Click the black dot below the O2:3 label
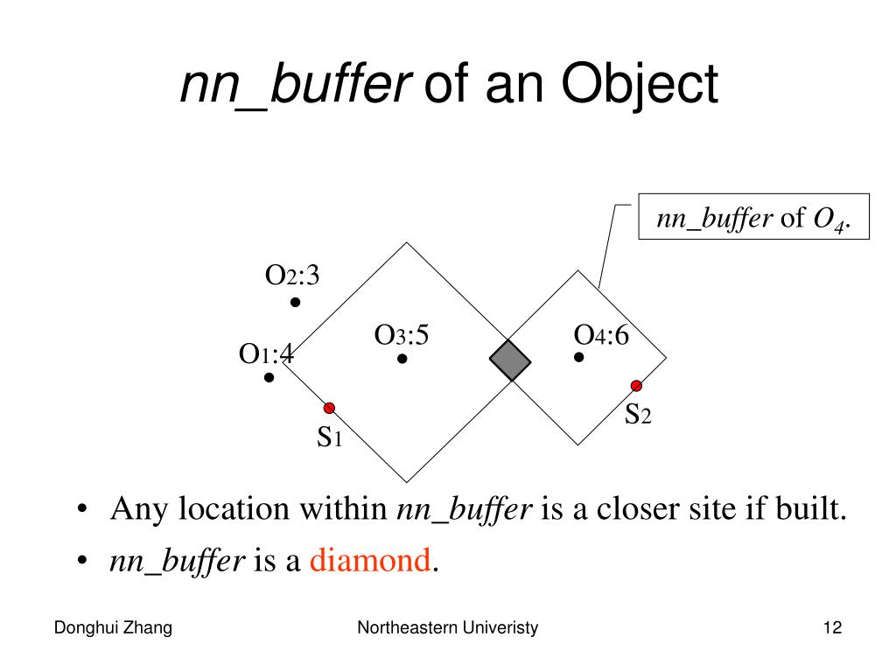pos(296,303)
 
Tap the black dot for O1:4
pos(269,378)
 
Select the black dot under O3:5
pos(402,359)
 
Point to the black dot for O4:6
pos(579,357)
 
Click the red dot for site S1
pos(330,408)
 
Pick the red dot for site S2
pos(636,386)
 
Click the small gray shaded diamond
pos(510,360)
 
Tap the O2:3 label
pos(292,276)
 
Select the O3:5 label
pos(402,335)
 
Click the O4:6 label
pos(601,335)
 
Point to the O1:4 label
pos(266,354)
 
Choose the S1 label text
pos(328,436)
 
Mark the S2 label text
pos(637,414)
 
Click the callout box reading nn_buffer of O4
pos(752,218)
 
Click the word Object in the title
pos(640,87)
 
